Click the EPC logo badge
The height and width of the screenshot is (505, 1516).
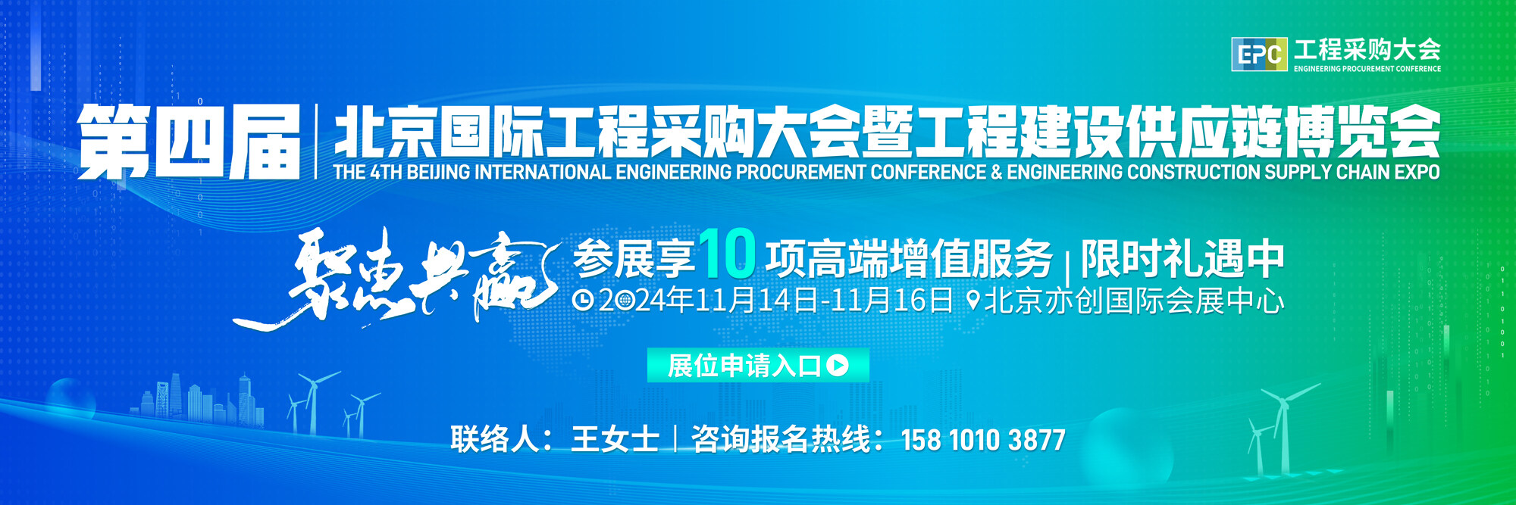tap(1259, 55)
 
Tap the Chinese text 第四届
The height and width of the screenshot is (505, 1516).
tap(189, 142)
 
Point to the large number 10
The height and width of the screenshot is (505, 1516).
tap(728, 254)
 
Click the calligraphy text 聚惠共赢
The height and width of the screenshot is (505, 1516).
tap(394, 279)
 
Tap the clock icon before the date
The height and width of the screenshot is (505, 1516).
tap(582, 301)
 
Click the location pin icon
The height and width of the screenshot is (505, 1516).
tap(974, 301)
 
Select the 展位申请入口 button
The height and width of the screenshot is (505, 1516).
tap(758, 366)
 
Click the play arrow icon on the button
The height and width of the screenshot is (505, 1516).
tap(838, 366)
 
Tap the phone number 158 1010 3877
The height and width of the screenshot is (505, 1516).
tap(983, 440)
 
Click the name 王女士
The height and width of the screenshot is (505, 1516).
tap(615, 439)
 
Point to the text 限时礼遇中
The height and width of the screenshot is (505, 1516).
tap(1182, 259)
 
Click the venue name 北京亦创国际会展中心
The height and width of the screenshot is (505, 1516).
tap(1134, 301)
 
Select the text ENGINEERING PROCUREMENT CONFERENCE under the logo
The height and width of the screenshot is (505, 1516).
tap(1367, 69)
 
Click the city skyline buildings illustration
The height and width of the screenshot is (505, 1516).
tap(201, 397)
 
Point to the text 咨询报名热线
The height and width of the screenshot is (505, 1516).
tap(780, 439)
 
